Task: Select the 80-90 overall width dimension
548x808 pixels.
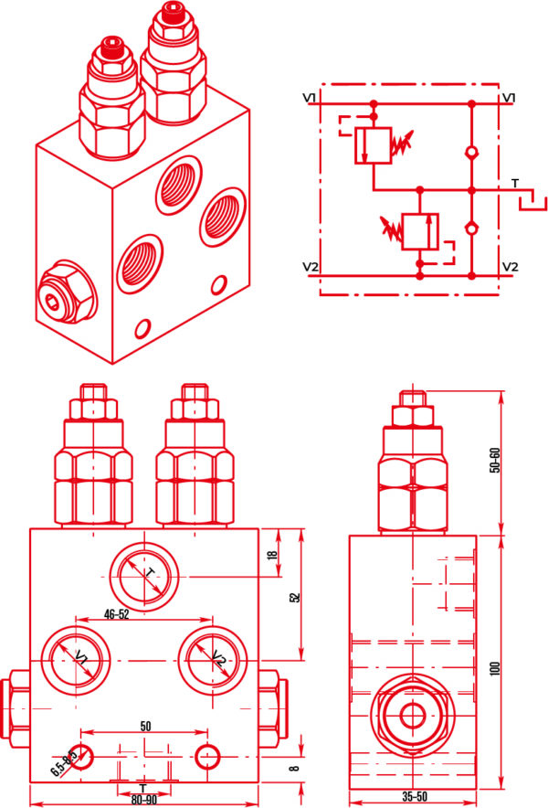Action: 143,798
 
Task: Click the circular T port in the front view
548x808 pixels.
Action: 147,577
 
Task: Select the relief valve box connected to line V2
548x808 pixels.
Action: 419,231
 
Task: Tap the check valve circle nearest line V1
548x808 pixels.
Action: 470,153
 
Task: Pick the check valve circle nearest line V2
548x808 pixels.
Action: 470,229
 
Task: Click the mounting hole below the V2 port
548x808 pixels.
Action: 207,755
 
